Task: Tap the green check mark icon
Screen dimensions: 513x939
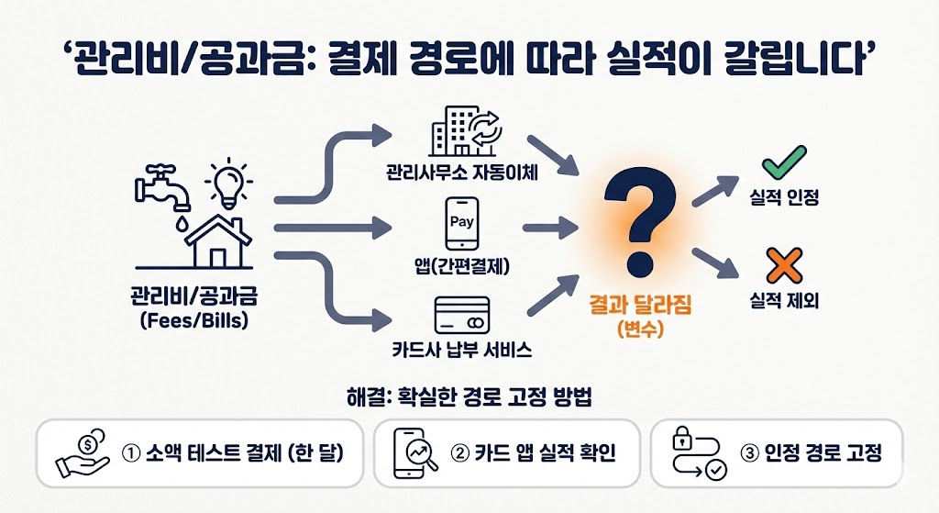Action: [783, 163]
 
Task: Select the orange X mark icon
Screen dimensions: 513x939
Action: [783, 266]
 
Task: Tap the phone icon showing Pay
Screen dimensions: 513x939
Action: [462, 224]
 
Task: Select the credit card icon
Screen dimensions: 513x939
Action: [460, 317]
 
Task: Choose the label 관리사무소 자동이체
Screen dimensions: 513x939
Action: [461, 172]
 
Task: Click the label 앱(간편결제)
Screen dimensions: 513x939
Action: [462, 268]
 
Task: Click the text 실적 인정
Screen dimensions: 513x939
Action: [784, 197]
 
